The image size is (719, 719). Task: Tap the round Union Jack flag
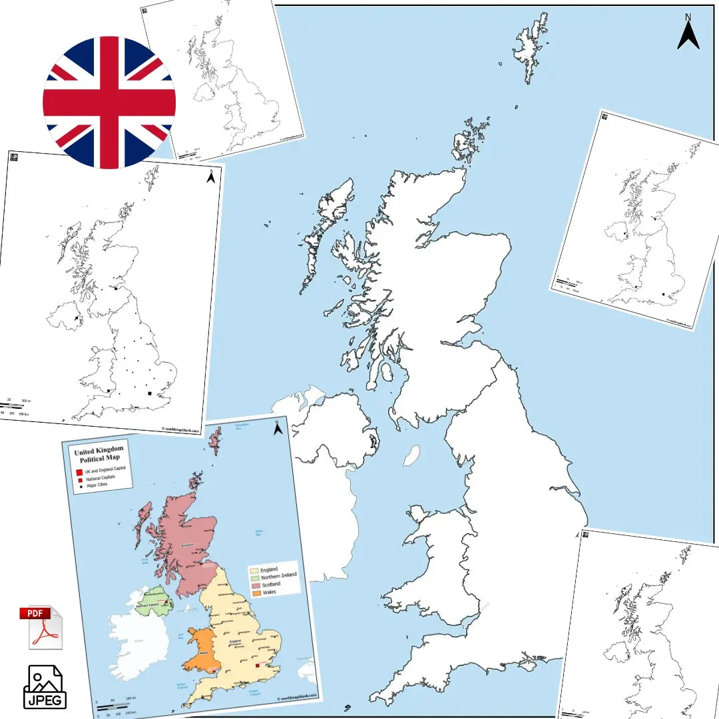pos(109,103)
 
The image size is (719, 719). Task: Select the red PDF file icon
pos(43,628)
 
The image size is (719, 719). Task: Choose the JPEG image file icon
pos(45,686)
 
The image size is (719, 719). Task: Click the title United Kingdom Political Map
pos(99,455)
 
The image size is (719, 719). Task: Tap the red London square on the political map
pos(257,665)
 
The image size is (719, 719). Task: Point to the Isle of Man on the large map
pos(412,455)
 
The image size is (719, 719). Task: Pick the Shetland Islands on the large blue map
pos(531,47)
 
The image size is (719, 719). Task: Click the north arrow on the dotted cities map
pos(210,177)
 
